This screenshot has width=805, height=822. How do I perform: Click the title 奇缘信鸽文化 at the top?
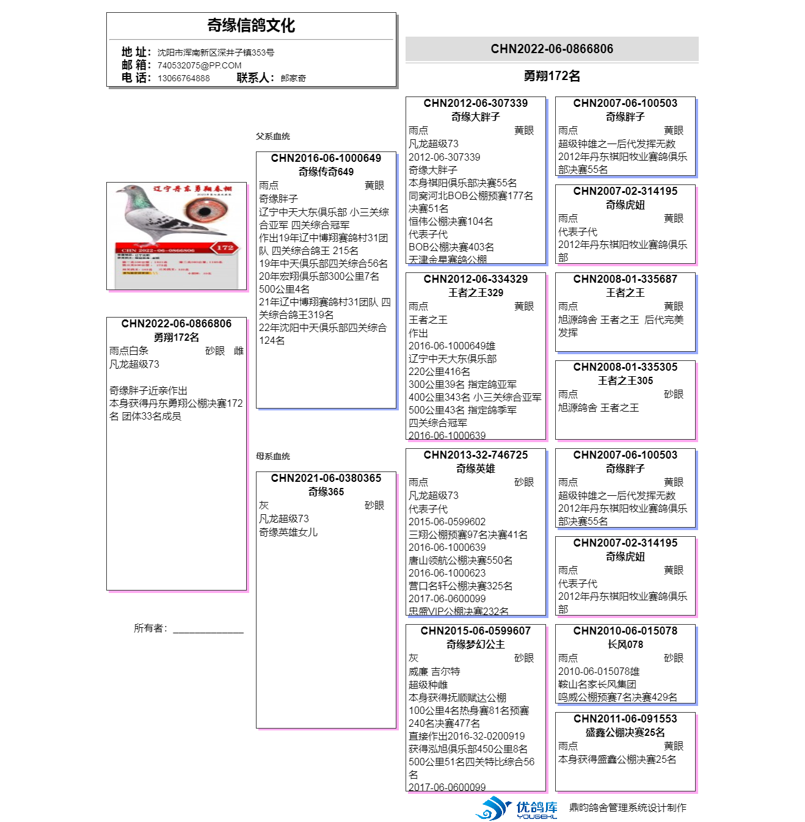click(x=251, y=26)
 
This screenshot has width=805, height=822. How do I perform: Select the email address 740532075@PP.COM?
click(x=199, y=65)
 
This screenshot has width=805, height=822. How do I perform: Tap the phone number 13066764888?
click(x=183, y=78)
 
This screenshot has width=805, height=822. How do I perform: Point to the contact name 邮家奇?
click(x=293, y=78)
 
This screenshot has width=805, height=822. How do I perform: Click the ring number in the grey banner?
click(x=552, y=49)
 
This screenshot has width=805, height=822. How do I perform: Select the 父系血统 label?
click(x=273, y=136)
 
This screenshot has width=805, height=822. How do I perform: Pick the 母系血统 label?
click(x=273, y=456)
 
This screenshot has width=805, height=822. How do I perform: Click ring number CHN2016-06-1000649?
click(x=326, y=158)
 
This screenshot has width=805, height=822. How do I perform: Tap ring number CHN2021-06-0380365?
click(x=326, y=478)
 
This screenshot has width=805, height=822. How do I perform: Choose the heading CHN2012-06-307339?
click(x=476, y=103)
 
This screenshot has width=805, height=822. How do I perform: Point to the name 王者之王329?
click(x=476, y=293)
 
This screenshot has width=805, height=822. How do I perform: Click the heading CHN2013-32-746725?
click(x=476, y=455)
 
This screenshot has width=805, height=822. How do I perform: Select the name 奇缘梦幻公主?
click(x=476, y=644)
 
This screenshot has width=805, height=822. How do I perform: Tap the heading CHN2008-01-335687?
click(x=625, y=279)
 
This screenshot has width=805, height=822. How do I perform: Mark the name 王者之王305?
click(x=625, y=380)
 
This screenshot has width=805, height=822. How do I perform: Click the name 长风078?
click(x=625, y=644)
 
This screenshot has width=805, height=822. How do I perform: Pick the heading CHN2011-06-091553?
click(x=625, y=719)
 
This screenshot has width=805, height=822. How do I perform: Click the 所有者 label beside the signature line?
click(x=150, y=628)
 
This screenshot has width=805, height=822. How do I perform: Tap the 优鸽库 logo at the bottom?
click(x=518, y=808)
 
